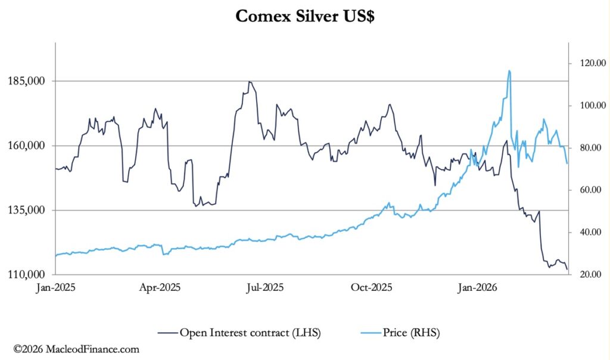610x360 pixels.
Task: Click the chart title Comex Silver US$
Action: tap(304, 15)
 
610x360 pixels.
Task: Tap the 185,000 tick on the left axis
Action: tap(27, 81)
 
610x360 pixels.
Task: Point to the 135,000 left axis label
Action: tap(27, 210)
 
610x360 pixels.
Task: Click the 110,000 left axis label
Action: tap(27, 275)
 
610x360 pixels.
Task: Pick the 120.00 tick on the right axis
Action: tap(587, 63)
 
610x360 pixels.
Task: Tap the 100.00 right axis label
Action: tap(587, 105)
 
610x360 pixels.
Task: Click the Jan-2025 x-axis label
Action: tap(55, 287)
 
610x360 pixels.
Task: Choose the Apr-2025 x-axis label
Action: tap(160, 287)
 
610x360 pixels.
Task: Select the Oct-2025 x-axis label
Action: tap(371, 287)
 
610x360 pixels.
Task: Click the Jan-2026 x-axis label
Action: tap(475, 287)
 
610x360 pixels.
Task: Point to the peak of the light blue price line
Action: tap(509, 71)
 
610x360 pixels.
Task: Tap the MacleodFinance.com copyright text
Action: tap(76, 349)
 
